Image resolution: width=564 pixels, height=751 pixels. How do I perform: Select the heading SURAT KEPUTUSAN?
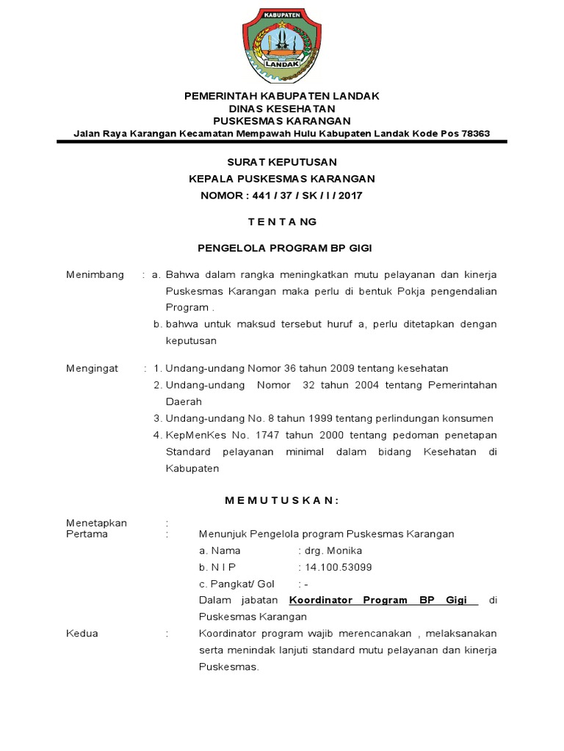281,162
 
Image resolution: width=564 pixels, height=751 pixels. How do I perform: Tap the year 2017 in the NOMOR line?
349,195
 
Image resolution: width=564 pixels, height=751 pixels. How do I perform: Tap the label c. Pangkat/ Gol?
236,584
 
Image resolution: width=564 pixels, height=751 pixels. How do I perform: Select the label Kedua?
82,633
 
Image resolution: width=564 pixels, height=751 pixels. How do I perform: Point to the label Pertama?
87,534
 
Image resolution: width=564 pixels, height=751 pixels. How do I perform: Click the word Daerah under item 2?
181,402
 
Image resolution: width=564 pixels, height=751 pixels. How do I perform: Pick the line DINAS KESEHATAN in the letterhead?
281,109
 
